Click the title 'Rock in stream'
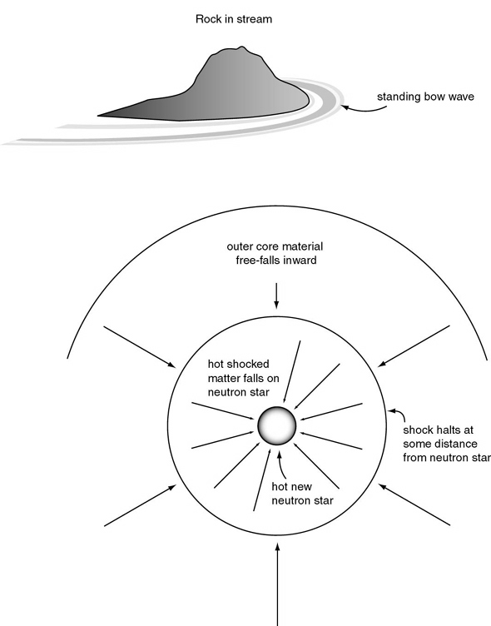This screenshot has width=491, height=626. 234,19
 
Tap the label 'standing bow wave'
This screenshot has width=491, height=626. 425,97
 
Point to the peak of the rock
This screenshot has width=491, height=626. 241,47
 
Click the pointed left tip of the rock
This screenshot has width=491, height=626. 98,116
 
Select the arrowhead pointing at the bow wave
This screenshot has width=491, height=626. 345,107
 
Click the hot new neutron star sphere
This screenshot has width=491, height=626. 276,425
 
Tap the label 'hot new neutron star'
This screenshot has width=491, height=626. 302,494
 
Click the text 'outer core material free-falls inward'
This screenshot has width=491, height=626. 275,253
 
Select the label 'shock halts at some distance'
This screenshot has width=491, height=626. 440,437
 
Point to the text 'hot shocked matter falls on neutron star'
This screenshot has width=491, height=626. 243,378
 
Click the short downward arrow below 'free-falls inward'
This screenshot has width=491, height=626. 276,296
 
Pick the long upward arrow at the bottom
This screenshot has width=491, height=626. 277,584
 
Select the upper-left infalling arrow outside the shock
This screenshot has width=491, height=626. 139,346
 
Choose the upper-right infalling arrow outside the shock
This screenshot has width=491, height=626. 414,345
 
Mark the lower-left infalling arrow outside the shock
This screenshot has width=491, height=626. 140,505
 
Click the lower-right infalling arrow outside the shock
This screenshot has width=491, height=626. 414,504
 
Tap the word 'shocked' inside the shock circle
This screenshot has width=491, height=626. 250,364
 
